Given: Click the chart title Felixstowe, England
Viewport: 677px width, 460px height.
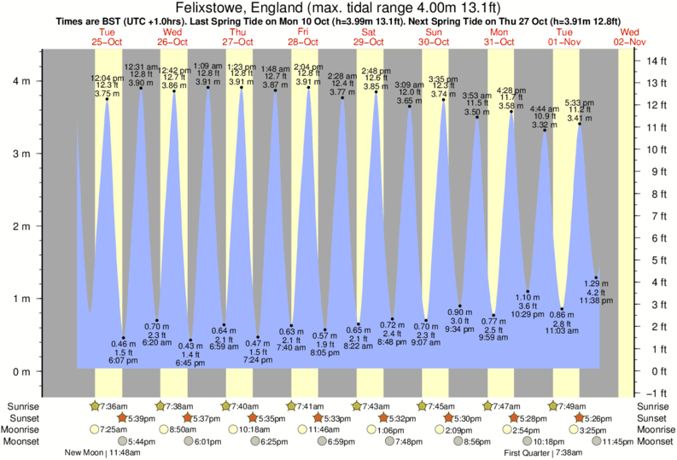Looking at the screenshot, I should [x=338, y=8].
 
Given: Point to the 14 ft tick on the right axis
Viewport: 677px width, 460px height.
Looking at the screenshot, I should [x=656, y=61].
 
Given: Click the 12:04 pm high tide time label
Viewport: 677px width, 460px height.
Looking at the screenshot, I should [x=107, y=79].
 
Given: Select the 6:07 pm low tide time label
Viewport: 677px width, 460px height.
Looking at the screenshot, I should [x=124, y=361].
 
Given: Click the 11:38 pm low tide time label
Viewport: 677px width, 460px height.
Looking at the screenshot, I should [x=597, y=300].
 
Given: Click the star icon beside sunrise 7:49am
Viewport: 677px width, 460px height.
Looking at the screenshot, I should [x=553, y=405].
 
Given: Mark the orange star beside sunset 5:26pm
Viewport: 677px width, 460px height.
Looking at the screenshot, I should [x=581, y=417].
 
